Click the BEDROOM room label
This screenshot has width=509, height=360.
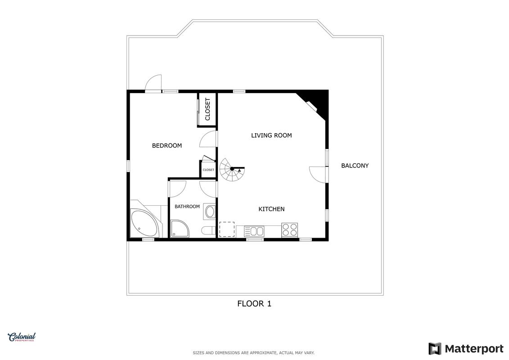[167, 146]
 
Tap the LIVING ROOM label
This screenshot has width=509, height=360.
[271, 135]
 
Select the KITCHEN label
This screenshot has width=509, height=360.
[271, 209]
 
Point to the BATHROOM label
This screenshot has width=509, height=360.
[187, 207]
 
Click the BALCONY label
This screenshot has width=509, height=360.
[355, 166]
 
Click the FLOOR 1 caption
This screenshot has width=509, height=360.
[254, 303]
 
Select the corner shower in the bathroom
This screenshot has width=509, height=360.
[180, 229]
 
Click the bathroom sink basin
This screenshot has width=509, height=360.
[210, 211]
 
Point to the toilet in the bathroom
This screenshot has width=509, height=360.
[208, 231]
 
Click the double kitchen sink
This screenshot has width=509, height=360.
[254, 231]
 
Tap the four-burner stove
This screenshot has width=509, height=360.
[289, 230]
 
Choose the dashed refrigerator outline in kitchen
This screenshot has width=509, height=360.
[227, 229]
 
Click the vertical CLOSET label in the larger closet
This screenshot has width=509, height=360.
[208, 109]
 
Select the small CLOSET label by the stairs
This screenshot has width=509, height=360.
[208, 170]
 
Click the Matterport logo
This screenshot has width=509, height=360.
[466, 349]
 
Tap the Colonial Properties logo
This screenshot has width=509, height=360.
[22, 337]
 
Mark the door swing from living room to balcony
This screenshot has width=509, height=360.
[318, 174]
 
